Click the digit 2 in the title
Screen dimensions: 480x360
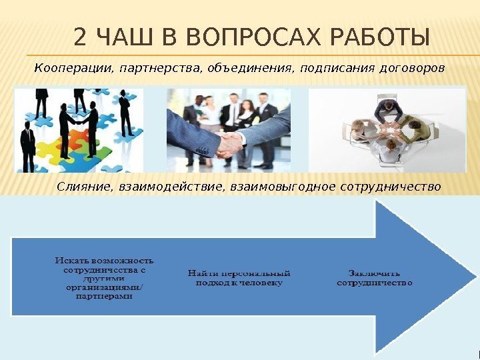pos(81,39)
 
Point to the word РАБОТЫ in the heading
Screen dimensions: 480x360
pos(379,39)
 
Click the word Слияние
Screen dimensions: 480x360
pos(84,186)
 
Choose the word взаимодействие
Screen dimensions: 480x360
pos(171,186)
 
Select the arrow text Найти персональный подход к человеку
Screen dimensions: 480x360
pos(239,277)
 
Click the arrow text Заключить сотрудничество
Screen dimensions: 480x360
pos(374,277)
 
